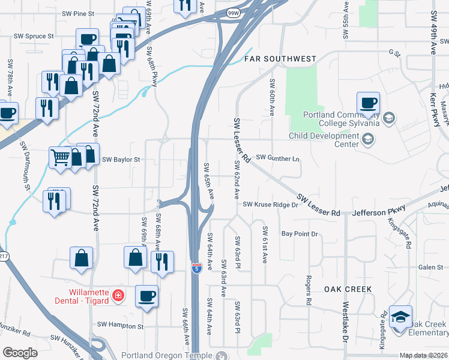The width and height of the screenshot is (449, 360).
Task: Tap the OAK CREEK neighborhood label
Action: tap(348, 289)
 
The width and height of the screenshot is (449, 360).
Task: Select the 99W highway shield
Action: tap(233, 11)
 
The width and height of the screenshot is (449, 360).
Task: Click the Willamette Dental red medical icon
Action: tap(118, 296)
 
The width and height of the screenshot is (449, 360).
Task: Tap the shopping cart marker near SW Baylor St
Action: tap(60, 158)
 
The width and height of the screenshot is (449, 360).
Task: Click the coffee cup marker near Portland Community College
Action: tap(367, 103)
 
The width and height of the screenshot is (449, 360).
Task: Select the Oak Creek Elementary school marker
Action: tap(400, 317)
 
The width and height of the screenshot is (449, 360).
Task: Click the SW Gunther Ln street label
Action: tap(277, 157)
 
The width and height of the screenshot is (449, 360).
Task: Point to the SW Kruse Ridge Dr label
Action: tap(270, 205)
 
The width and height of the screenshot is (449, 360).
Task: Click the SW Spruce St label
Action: tap(34, 36)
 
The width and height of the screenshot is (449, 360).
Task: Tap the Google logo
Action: tap(20, 353)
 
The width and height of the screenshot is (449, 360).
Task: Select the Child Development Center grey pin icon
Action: tap(368, 140)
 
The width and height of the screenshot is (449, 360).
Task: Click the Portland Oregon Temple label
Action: tap(167, 355)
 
